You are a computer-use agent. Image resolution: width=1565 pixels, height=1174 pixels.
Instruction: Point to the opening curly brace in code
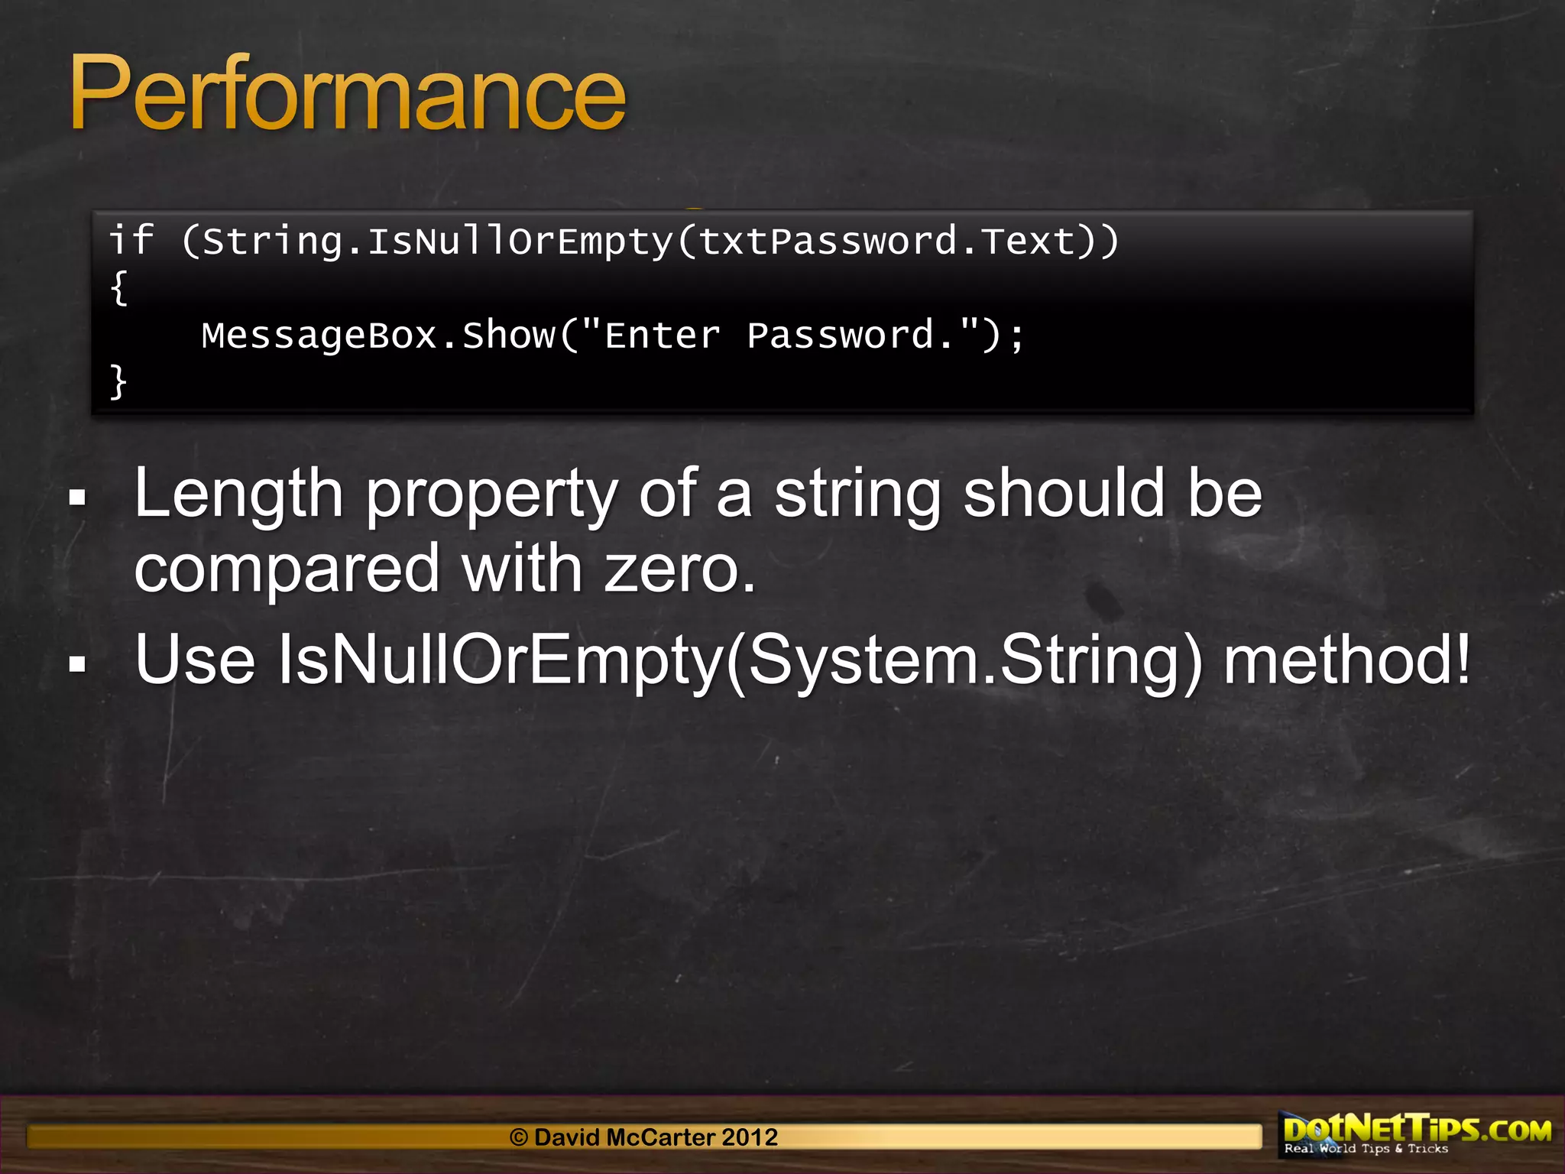coord(118,288)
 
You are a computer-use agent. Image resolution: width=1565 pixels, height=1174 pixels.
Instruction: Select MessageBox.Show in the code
coord(378,336)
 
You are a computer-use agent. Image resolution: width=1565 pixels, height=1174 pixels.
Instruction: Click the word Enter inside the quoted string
coord(662,336)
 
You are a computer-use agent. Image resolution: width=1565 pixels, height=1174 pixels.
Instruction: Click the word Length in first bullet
coord(238,495)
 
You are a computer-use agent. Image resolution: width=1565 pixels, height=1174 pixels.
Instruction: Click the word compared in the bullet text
coord(287,570)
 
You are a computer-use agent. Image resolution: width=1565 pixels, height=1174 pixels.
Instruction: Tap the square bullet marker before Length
coord(77,498)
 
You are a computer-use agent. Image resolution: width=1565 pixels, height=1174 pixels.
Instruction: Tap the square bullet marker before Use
coord(77,663)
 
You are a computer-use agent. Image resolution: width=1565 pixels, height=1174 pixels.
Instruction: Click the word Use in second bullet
coord(195,660)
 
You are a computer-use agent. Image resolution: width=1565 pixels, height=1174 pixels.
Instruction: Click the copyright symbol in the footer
coord(519,1137)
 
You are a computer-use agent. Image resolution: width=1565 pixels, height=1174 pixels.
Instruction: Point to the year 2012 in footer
coord(750,1137)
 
